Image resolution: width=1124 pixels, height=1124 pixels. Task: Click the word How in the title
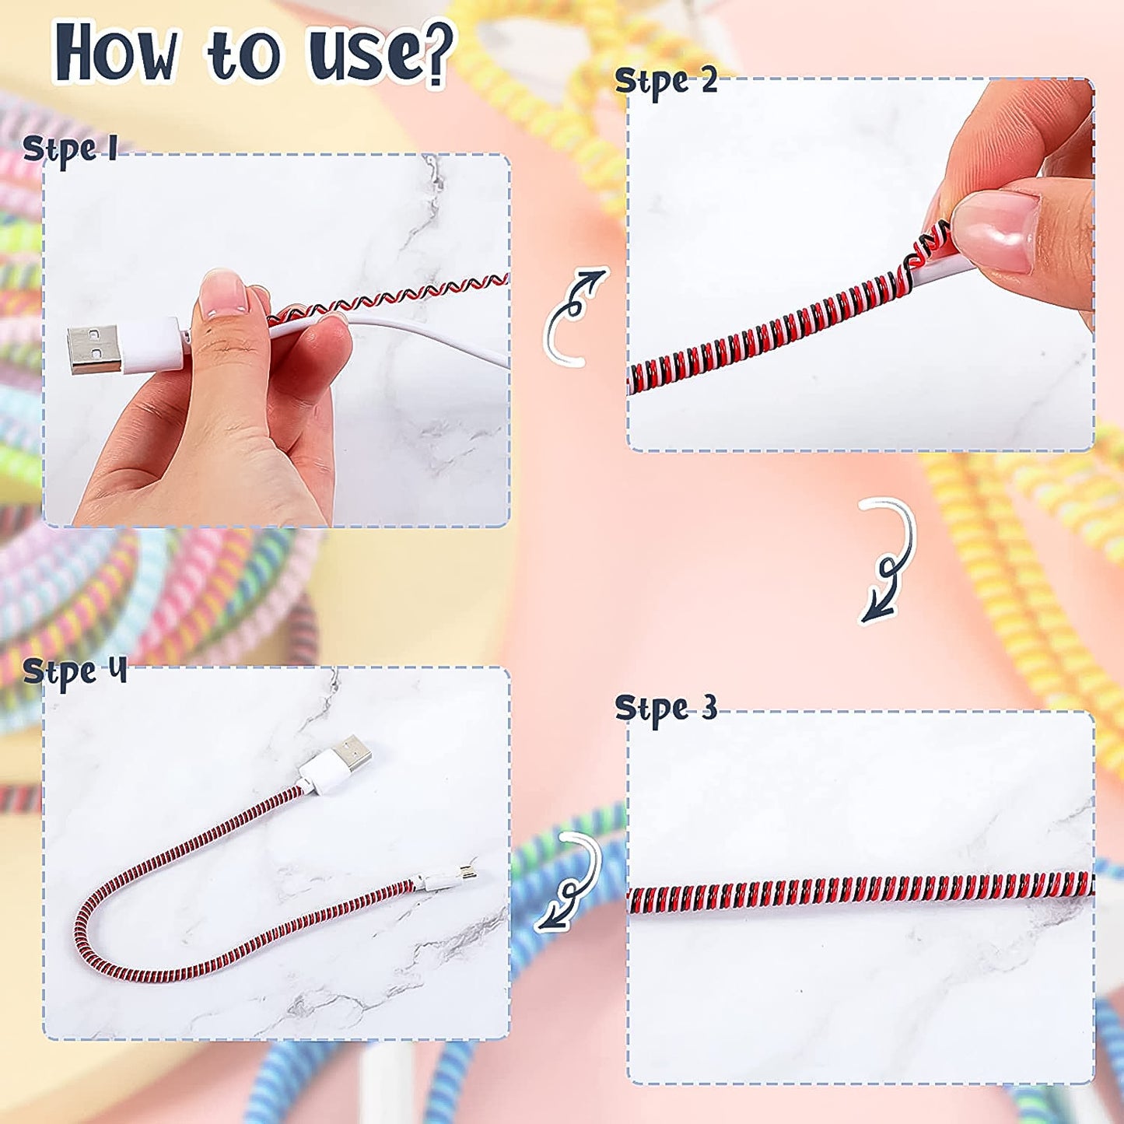coord(117,53)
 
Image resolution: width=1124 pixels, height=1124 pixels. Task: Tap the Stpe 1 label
coord(70,149)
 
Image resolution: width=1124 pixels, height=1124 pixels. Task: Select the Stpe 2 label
coord(665,82)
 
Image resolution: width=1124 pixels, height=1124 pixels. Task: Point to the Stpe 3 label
coord(665,709)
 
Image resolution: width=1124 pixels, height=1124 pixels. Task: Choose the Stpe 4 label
coord(74,671)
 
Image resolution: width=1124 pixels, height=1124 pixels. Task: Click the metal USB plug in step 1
coord(93,349)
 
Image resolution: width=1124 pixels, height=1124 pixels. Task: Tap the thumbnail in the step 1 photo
coord(222,292)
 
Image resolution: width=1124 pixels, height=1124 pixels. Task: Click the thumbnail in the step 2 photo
coord(996,229)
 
